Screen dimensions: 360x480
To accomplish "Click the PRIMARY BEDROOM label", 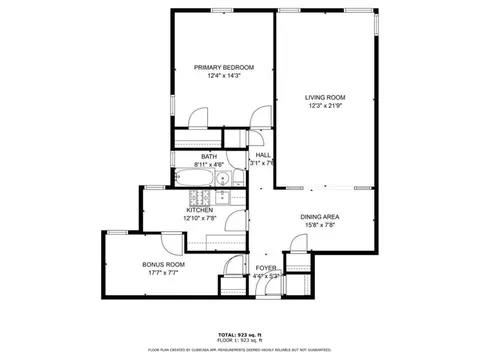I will [224, 67].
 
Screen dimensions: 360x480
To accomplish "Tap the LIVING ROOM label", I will [325, 97].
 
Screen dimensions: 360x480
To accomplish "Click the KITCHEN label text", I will [199, 210].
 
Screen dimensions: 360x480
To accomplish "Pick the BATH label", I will [208, 156].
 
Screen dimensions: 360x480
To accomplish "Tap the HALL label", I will [263, 155].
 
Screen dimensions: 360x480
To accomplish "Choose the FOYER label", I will [265, 268].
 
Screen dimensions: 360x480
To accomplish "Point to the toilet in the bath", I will [226, 180].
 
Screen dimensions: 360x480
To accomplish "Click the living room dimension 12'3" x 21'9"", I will [325, 106].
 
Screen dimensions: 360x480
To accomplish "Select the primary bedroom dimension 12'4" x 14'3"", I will [224, 76].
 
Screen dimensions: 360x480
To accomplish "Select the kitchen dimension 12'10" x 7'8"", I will [199, 218].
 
